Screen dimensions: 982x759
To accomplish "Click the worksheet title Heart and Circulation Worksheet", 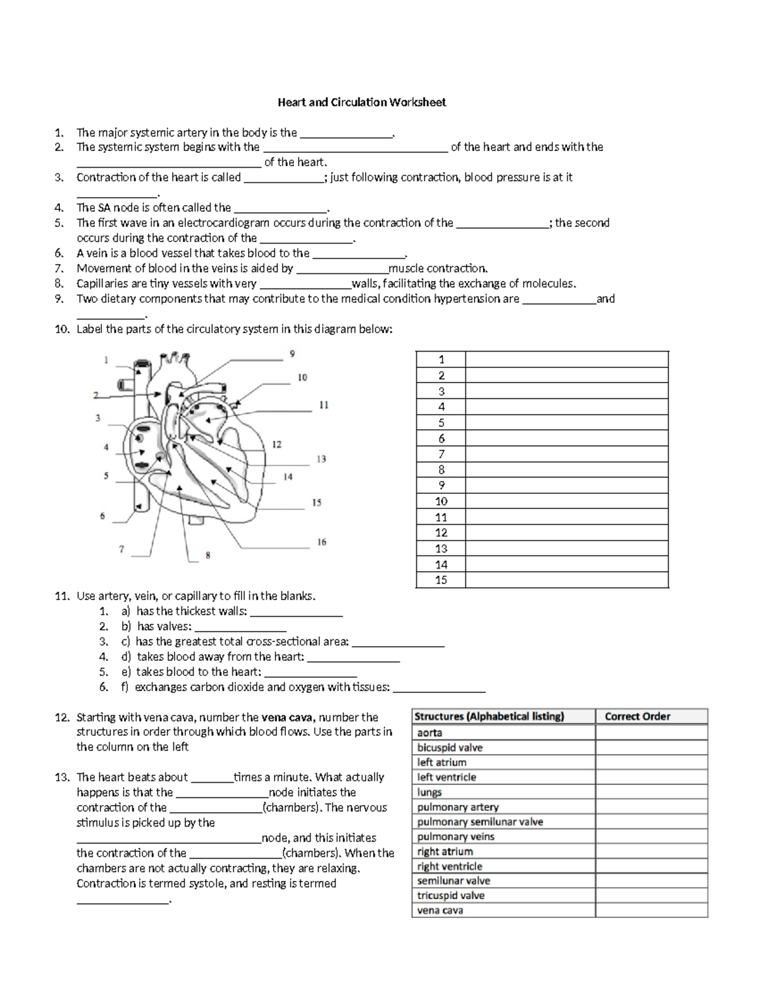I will [x=362, y=102].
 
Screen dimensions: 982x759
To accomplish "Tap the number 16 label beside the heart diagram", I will [x=321, y=542].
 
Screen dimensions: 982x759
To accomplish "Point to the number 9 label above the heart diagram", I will [x=292, y=354].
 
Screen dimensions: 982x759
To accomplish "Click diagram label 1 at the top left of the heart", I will [x=106, y=360].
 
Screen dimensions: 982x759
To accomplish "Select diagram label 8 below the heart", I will [x=207, y=556].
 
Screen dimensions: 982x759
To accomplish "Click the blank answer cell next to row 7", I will [x=567, y=454].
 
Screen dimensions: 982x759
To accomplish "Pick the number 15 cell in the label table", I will [x=441, y=580].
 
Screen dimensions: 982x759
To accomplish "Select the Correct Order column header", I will [x=637, y=716].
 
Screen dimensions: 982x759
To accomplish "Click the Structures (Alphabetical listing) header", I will [x=489, y=716].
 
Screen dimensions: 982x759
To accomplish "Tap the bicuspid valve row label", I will [x=450, y=747].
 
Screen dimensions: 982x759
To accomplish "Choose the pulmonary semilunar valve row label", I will [x=480, y=821].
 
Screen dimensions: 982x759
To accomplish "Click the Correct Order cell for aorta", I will [x=651, y=732].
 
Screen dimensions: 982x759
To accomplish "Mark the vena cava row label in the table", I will [x=440, y=911].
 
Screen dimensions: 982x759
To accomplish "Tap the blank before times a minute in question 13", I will [x=211, y=778].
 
